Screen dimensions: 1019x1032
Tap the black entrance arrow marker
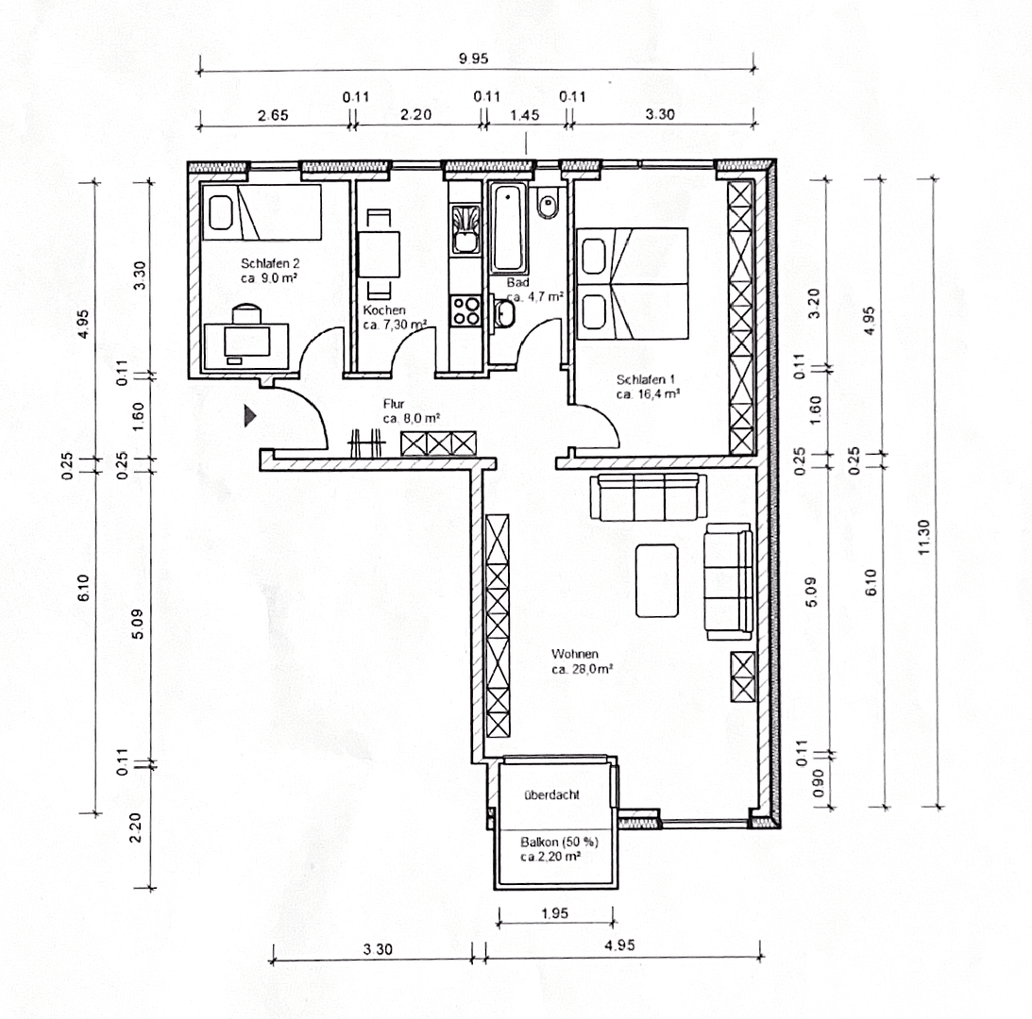tap(250, 415)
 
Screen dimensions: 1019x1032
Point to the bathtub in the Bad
tap(508, 226)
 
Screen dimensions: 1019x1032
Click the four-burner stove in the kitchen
tap(465, 310)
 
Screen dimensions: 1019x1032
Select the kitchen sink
tap(465, 229)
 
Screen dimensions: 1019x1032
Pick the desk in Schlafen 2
tap(247, 343)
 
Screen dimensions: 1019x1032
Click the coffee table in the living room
tap(657, 579)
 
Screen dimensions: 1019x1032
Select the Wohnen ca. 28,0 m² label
tap(583, 661)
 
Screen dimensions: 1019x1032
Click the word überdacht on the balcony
tap(552, 794)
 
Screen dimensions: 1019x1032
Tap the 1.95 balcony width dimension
tap(555, 914)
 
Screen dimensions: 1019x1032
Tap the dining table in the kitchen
tap(379, 254)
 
